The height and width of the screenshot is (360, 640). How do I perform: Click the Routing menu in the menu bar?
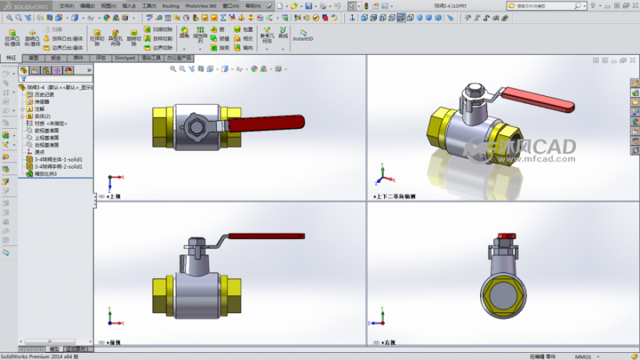click(170, 5)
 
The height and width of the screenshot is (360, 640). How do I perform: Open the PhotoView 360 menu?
click(201, 5)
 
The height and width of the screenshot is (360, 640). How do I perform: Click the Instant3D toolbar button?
click(303, 35)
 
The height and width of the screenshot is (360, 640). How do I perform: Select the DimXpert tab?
click(124, 58)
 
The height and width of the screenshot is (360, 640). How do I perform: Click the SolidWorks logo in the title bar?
click(25, 5)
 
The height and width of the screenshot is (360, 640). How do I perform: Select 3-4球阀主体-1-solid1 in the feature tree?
click(59, 159)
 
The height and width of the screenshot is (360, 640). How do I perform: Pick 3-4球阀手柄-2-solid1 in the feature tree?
click(59, 166)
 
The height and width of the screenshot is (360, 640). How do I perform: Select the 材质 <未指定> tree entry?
click(51, 123)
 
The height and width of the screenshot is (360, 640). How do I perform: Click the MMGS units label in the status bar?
click(584, 356)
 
